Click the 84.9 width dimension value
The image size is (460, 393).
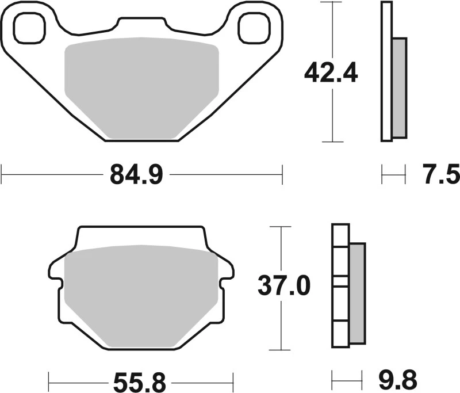click(x=137, y=174)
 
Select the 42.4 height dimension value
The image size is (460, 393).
click(x=331, y=73)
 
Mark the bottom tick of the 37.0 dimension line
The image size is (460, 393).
click(x=280, y=350)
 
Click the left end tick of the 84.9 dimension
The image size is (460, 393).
click(x=2, y=174)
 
